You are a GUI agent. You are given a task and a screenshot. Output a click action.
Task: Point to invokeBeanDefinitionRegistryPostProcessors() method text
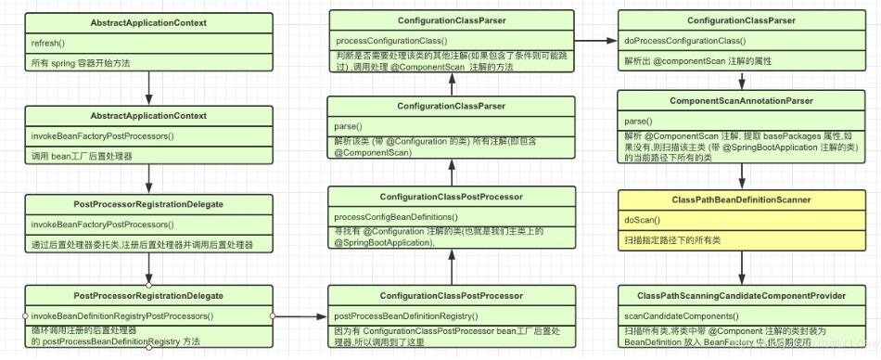[121, 316]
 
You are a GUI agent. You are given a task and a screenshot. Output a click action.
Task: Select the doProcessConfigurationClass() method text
[686, 42]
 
